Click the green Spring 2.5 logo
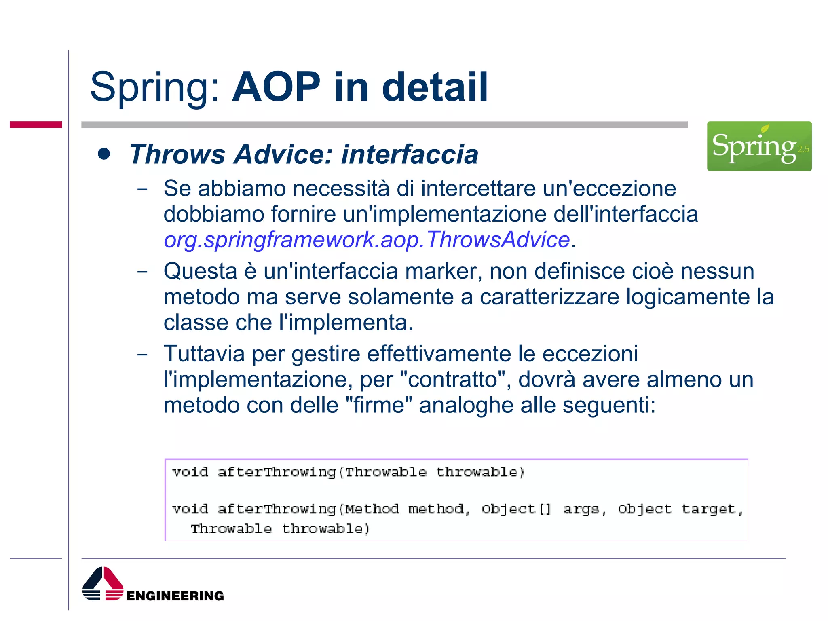[759, 146]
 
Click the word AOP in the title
[276, 87]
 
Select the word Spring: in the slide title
[155, 88]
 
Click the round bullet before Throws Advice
[104, 154]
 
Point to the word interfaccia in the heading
[410, 154]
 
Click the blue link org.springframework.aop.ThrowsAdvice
[367, 240]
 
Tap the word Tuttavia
[204, 354]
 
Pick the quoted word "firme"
[379, 405]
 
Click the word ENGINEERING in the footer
[175, 596]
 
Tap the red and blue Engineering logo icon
[103, 584]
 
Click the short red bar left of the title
[36, 125]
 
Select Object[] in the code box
[516, 509]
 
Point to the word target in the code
[708, 509]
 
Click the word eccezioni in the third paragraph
[590, 354]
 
